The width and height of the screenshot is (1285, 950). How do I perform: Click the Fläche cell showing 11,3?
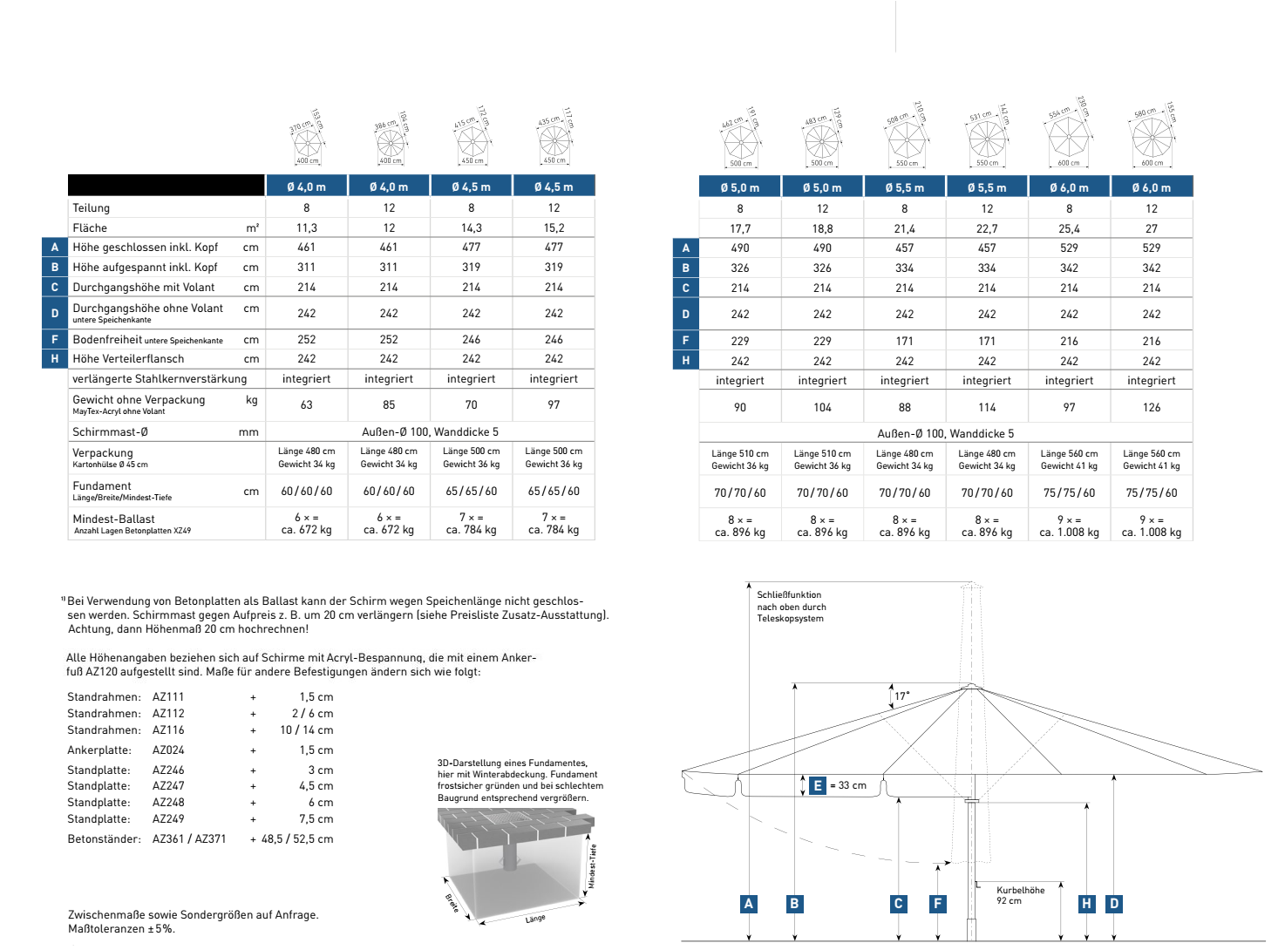pyautogui.click(x=306, y=227)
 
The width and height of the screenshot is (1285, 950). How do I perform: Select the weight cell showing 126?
pyautogui.click(x=1151, y=407)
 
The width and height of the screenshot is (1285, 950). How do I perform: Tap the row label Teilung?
pyautogui.click(x=92, y=208)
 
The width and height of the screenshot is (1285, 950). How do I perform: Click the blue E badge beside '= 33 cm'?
pyautogui.click(x=817, y=785)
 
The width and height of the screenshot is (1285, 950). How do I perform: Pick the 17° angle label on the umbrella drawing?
pyautogui.click(x=901, y=696)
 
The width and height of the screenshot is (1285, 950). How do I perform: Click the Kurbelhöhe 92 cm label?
pyautogui.click(x=1020, y=895)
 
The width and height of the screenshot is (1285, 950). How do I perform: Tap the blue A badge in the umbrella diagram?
pyautogui.click(x=748, y=904)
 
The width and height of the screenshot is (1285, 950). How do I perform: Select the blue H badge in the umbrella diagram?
pyautogui.click(x=1086, y=904)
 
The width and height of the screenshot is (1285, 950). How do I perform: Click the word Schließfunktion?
pyautogui.click(x=789, y=594)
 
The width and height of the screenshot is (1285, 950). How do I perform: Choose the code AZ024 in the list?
pyautogui.click(x=168, y=750)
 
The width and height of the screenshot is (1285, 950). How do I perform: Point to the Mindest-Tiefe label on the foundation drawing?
pyautogui.click(x=592, y=865)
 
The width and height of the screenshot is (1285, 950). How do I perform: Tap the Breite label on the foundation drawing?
pyautogui.click(x=452, y=904)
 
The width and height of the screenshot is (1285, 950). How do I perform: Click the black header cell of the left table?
pyautogui.click(x=166, y=185)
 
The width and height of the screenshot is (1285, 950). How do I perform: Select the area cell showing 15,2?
pyautogui.click(x=554, y=227)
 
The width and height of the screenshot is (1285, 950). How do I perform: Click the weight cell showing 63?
pyautogui.click(x=306, y=404)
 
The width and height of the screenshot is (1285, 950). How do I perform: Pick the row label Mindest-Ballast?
pyautogui.click(x=114, y=519)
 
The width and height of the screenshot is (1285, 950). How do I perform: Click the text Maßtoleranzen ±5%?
pyautogui.click(x=121, y=928)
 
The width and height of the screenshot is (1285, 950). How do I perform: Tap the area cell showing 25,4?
pyautogui.click(x=1069, y=228)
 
